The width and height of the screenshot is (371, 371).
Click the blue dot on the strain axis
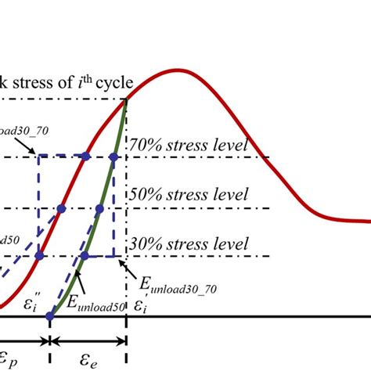tap(49, 316)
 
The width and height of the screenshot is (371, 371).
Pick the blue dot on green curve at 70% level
tap(114, 157)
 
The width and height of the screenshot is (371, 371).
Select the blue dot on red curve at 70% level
tap(85, 157)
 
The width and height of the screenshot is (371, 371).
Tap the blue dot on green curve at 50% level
tap(99, 208)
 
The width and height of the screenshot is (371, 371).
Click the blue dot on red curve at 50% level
tap(61, 208)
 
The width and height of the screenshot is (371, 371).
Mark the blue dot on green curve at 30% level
tap(84, 256)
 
